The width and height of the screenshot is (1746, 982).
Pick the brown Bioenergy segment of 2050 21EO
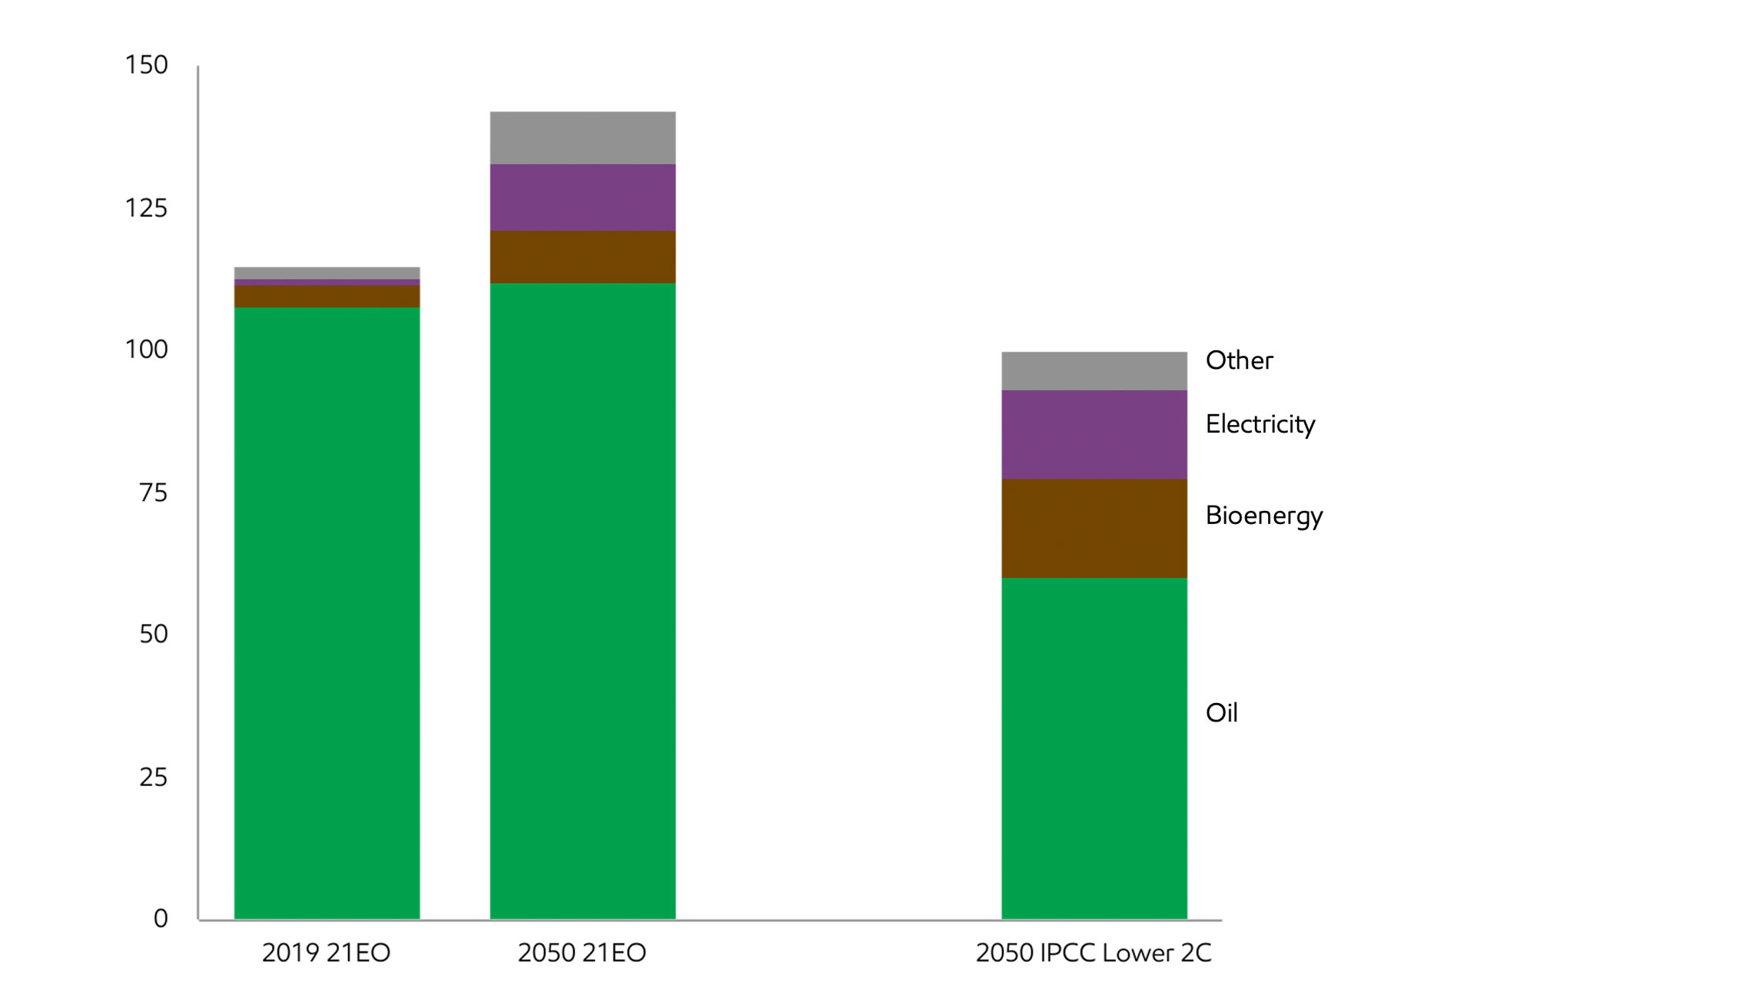(x=583, y=257)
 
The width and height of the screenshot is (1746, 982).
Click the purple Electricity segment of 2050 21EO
(x=583, y=197)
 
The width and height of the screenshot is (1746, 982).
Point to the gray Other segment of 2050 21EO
(x=583, y=138)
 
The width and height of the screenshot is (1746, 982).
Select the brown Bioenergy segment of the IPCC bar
(x=1094, y=528)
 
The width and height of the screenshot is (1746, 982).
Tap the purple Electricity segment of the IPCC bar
(x=1094, y=434)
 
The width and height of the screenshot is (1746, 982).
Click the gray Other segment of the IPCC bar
(x=1094, y=370)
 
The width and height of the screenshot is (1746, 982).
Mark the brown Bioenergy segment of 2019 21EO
(x=327, y=297)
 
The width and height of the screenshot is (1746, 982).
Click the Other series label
(x=1239, y=360)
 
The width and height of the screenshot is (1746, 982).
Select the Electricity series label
(x=1260, y=424)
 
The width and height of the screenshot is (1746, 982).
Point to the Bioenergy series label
(x=1263, y=515)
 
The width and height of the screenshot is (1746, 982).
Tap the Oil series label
(x=1221, y=713)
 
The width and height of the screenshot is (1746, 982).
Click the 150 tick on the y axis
(x=146, y=65)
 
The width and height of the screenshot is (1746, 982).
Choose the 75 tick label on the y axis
(x=153, y=493)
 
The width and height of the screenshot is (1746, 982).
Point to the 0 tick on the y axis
(x=160, y=918)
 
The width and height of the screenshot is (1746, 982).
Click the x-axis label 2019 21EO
(x=326, y=953)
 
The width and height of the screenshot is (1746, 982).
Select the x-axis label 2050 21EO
(x=582, y=953)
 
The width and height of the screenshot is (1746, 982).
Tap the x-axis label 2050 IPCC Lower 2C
(x=1093, y=953)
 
